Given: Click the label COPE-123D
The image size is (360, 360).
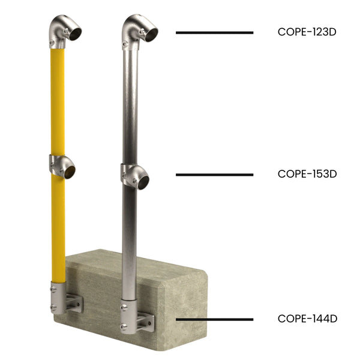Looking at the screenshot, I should point(307,32).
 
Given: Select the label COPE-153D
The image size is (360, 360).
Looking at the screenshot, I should point(307,174).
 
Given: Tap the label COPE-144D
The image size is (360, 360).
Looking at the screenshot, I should point(307,319).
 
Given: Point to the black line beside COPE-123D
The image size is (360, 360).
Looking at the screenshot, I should point(214,32).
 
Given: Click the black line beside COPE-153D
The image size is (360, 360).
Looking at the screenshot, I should point(214,175).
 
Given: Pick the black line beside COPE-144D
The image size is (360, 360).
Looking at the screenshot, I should point(214,319).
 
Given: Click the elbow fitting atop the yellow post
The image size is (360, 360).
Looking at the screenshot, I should point(63,31).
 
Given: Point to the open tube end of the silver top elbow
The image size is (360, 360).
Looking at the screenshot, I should point(149,34).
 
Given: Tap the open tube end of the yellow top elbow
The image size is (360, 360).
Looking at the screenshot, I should point(75,34).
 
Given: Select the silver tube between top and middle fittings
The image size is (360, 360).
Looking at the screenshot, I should point(130,102).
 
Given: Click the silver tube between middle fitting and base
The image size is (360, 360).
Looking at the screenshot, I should point(128,240).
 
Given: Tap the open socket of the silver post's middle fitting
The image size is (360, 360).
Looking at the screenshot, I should point(143,182).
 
